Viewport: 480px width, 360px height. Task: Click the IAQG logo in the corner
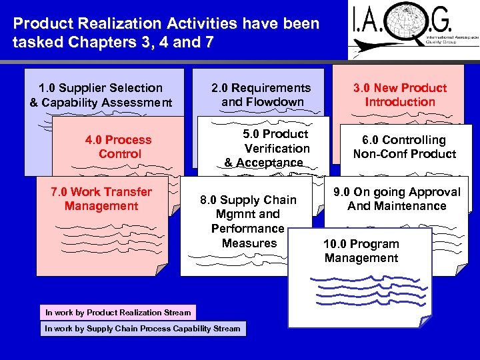pyautogui.click(x=413, y=29)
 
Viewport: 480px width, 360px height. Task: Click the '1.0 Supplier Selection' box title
pyautogui.click(x=101, y=88)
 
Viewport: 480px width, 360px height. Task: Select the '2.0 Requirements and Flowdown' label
pyautogui.click(x=261, y=95)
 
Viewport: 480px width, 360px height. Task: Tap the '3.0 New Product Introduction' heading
pyautogui.click(x=400, y=95)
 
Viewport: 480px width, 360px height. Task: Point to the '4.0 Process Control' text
pyautogui.click(x=119, y=147)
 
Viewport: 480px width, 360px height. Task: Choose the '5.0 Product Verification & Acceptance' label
pyautogui.click(x=267, y=148)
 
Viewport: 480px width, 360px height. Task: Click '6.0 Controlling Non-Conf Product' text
pyautogui.click(x=405, y=147)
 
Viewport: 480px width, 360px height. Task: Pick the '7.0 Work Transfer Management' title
pyautogui.click(x=101, y=199)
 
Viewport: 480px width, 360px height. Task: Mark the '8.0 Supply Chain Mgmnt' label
pyautogui.click(x=249, y=207)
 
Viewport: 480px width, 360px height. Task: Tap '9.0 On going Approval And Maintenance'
pyautogui.click(x=397, y=199)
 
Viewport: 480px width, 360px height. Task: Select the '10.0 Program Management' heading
pyautogui.click(x=361, y=251)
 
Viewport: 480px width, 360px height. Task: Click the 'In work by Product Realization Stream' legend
pyautogui.click(x=118, y=312)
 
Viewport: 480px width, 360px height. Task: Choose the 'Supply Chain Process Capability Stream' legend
pyautogui.click(x=143, y=328)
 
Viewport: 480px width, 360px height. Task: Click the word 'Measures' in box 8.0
pyautogui.click(x=249, y=243)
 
